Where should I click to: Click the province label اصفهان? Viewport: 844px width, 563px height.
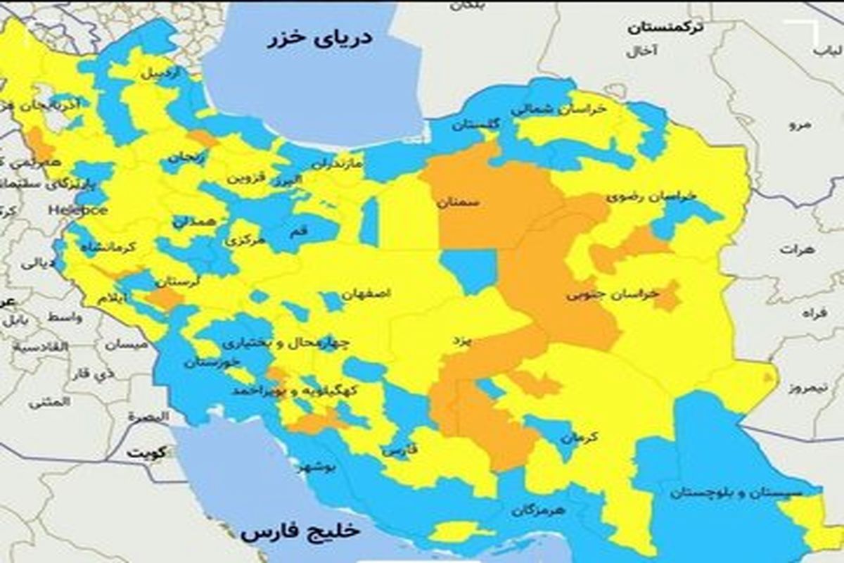coord(366,293)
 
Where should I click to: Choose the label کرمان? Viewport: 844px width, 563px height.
coord(580,437)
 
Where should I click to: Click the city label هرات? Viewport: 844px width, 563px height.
coord(796,249)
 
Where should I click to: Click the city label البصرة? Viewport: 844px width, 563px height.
coord(148,417)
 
